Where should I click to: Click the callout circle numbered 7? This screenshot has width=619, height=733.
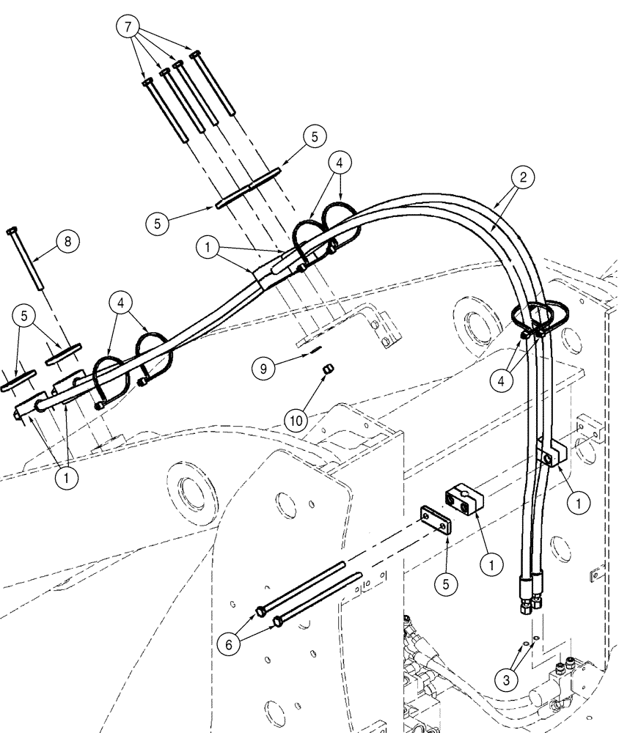coord(128,28)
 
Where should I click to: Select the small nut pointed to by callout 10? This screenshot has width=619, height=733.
coord(329,372)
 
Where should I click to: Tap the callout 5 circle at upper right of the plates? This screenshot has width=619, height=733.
coord(314,136)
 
